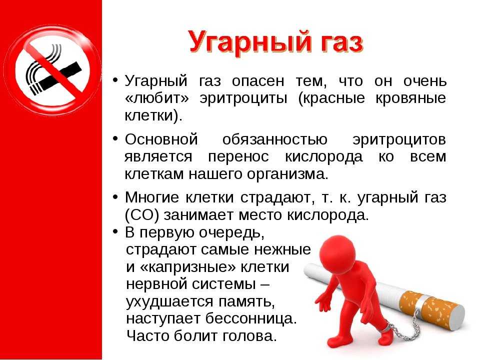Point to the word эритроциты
[x=243, y=98]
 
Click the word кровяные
[x=411, y=98]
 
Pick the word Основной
[x=161, y=139]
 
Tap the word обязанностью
[x=275, y=140]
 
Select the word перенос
[x=238, y=157]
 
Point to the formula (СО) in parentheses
[x=142, y=215]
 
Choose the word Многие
[x=152, y=198]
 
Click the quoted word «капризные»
[x=187, y=267]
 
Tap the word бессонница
[x=251, y=318]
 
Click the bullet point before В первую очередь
[x=115, y=231]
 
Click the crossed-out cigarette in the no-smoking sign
[x=53, y=75]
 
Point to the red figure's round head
[x=338, y=252]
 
